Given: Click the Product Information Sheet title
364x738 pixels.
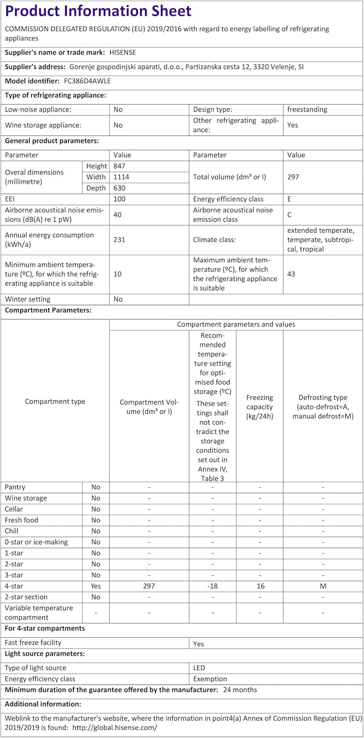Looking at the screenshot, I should (98, 11).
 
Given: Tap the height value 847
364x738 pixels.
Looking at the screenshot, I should (120, 166).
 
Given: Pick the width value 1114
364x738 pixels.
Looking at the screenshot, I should (121, 177).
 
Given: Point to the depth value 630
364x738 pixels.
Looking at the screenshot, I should (120, 188).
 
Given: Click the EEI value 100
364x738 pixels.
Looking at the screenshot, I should (120, 199).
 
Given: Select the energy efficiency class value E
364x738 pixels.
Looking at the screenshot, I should (290, 199).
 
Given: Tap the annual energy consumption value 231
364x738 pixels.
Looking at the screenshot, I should (120, 240).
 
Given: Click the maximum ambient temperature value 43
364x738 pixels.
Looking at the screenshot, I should (291, 274).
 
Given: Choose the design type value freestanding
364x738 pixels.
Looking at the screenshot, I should (307, 109).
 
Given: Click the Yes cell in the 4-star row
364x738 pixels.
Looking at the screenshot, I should (95, 586).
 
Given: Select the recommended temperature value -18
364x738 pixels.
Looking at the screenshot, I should (212, 586).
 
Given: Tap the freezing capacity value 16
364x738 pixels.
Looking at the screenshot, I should (260, 586).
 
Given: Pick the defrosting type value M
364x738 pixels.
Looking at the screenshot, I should (323, 586).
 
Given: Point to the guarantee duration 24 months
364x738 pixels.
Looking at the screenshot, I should (240, 690).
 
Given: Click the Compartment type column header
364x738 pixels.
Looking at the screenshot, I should (55, 401).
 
